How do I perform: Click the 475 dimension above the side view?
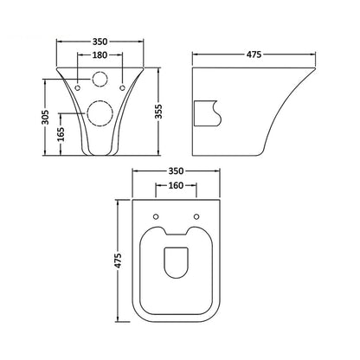click(253, 54)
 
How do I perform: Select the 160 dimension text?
click(177, 187)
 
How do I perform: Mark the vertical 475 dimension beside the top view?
click(119, 262)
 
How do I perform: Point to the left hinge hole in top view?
click(156, 215)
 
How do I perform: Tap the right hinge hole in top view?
click(196, 215)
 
